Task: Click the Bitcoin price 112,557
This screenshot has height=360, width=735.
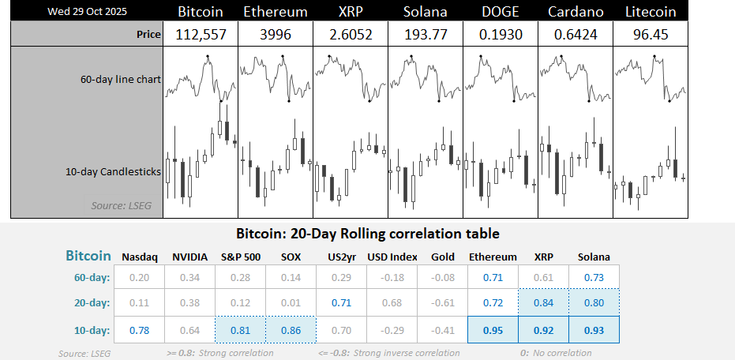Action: [x=201, y=35]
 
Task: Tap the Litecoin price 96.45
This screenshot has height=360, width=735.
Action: [x=651, y=35]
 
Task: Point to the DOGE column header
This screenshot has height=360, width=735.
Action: [x=501, y=12]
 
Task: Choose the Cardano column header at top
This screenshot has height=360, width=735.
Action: [x=576, y=12]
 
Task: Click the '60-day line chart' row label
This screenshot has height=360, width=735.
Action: [x=119, y=81]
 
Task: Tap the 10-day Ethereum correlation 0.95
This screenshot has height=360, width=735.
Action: [x=493, y=329]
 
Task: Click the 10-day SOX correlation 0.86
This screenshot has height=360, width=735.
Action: [x=291, y=329]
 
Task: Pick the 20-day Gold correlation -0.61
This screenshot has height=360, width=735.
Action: [x=442, y=302]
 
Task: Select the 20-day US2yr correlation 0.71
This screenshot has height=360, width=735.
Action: [x=341, y=302]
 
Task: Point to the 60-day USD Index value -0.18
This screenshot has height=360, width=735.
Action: [x=392, y=276]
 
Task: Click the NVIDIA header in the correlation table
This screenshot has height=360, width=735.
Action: [x=189, y=257]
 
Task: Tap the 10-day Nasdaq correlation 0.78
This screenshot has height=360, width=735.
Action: [x=139, y=329]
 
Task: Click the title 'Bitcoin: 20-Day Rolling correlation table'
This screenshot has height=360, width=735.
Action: [x=367, y=234]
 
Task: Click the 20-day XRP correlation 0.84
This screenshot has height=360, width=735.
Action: [x=543, y=302]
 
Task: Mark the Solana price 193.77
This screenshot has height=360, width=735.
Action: [x=426, y=35]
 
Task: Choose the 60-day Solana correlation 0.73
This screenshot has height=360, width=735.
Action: [x=594, y=276]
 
